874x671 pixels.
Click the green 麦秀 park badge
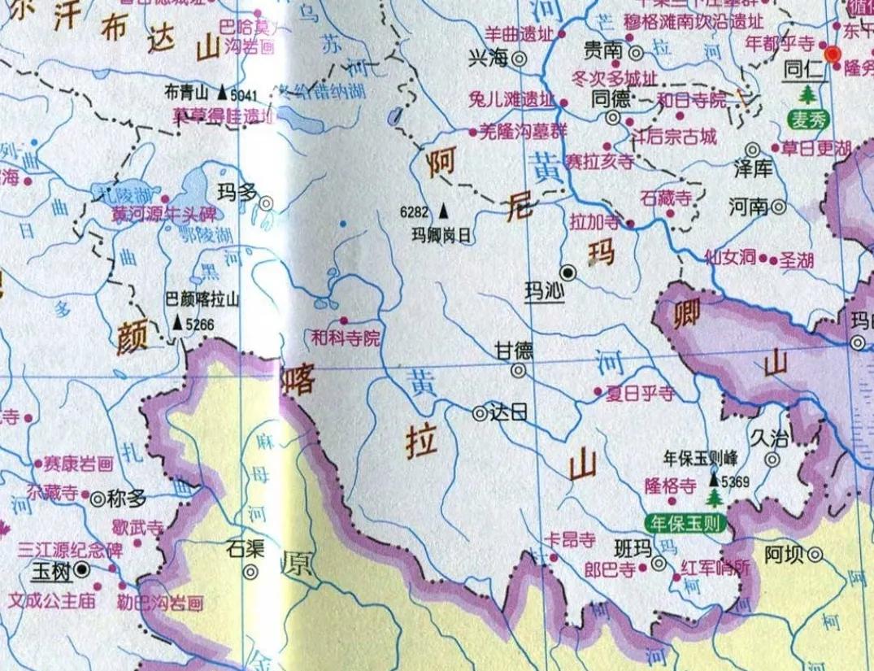[807, 120]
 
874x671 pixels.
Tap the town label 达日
[510, 412]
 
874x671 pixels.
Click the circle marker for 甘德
[518, 371]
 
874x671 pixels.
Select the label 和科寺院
[346, 336]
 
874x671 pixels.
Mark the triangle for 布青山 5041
[221, 94]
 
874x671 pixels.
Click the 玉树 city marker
[81, 572]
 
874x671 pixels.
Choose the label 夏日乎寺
[640, 394]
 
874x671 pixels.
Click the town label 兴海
[487, 59]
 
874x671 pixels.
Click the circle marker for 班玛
[659, 563]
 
